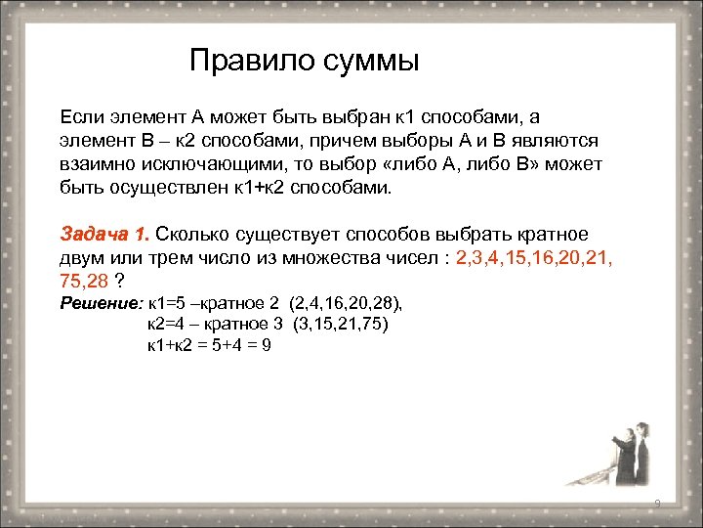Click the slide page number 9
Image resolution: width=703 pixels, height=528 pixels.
pos(658,505)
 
